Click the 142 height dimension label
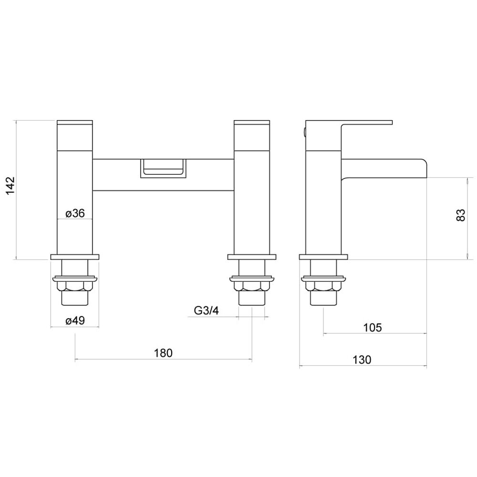click(x=10, y=186)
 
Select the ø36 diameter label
click(x=75, y=213)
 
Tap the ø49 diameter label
click(x=75, y=321)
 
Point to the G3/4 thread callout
click(x=206, y=311)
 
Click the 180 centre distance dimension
click(x=163, y=353)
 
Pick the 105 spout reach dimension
click(x=373, y=328)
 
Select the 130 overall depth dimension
click(x=362, y=360)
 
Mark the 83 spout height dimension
click(x=461, y=215)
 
